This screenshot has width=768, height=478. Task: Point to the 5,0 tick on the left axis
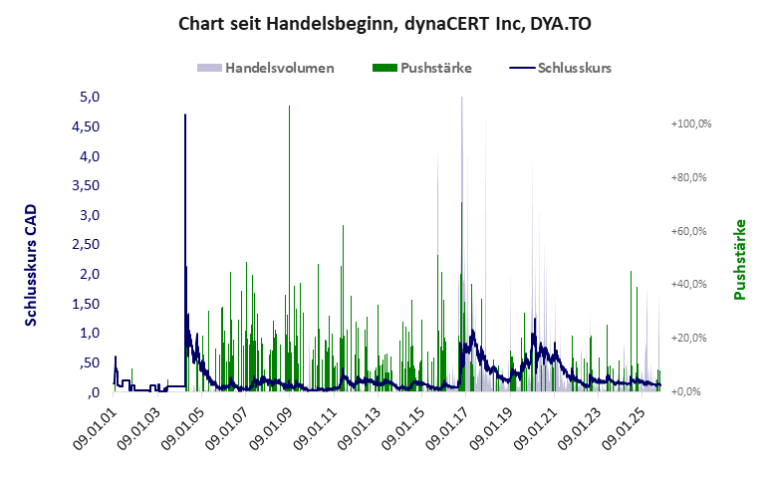coord(91,98)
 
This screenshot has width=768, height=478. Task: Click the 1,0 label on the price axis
coord(91,334)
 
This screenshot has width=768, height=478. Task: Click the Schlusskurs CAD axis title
coord(32,266)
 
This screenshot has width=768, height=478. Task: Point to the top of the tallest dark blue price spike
coord(185,116)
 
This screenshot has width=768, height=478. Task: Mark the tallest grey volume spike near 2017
coord(461,99)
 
